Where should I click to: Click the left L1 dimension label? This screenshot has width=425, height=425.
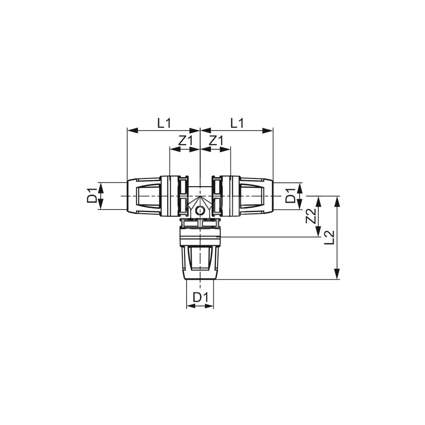[x=164, y=123]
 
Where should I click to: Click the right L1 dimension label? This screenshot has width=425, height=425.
[x=237, y=123]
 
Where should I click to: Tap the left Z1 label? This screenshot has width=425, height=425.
[x=185, y=141]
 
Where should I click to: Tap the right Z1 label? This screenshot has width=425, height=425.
[x=216, y=141]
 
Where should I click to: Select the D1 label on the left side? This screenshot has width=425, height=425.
[x=92, y=195]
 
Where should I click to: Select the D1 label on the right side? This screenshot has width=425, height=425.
[x=291, y=195]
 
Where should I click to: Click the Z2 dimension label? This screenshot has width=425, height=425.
[x=311, y=216]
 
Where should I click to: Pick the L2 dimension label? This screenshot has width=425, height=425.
[x=330, y=237]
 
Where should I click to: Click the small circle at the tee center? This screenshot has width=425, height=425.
[x=200, y=210]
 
